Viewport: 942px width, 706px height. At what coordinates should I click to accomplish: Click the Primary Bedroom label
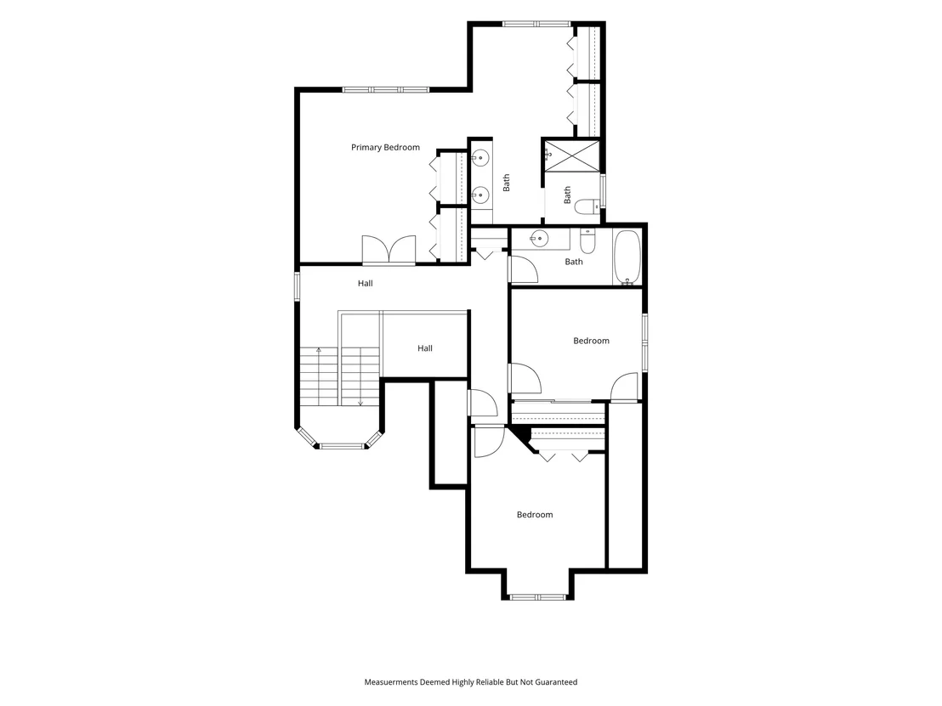click(385, 147)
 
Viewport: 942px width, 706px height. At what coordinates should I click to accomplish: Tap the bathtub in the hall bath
click(627, 257)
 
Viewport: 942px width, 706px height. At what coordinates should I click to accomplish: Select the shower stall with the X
click(572, 155)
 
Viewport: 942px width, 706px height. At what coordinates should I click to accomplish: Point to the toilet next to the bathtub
click(587, 241)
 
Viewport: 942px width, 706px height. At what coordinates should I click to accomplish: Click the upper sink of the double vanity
click(480, 159)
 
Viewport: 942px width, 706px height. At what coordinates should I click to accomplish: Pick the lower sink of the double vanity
click(480, 194)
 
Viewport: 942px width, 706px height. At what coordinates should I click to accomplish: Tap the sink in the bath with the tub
click(539, 239)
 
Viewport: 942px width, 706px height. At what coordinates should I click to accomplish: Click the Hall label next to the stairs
click(425, 348)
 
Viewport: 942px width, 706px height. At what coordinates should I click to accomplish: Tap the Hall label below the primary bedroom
click(366, 284)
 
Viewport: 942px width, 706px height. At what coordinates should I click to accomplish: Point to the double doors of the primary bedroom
click(389, 250)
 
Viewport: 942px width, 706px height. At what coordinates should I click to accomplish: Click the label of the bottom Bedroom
click(535, 515)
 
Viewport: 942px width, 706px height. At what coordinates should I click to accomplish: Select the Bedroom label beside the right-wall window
click(591, 341)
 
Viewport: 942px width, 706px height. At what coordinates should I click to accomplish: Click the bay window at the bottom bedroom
click(537, 596)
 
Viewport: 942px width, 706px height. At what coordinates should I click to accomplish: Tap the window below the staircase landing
click(341, 446)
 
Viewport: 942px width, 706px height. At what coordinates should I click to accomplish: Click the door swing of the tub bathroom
click(523, 269)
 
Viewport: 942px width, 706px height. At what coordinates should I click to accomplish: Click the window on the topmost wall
click(536, 24)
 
